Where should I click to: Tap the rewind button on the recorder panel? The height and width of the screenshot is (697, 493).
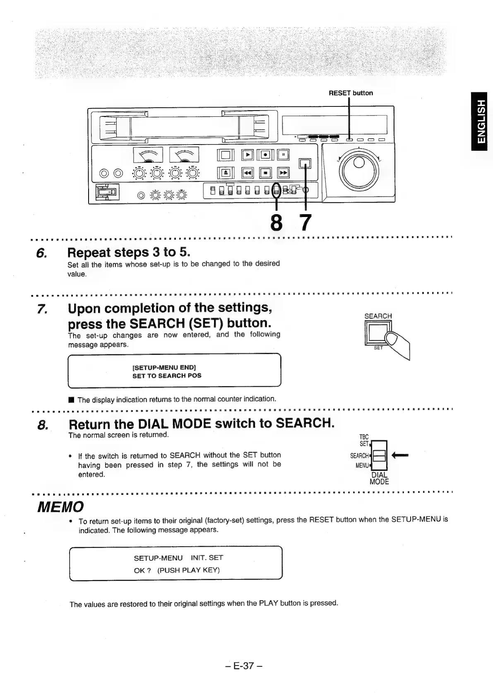click(x=248, y=172)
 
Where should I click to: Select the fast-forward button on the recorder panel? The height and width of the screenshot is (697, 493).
click(x=284, y=172)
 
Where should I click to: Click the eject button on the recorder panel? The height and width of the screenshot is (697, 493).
click(x=228, y=172)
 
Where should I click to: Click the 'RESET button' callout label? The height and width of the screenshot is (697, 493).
click(x=351, y=93)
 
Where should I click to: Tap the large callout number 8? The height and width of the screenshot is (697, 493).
click(x=276, y=222)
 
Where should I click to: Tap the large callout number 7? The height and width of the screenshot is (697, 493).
click(x=305, y=222)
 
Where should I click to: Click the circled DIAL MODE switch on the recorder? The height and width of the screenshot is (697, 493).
click(x=276, y=190)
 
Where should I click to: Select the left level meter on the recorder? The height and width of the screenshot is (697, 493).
click(x=148, y=155)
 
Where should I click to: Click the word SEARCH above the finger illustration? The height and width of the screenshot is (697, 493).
click(x=378, y=316)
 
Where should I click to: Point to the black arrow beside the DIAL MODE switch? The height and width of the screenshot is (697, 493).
click(x=400, y=455)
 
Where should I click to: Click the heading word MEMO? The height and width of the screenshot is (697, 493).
click(x=61, y=506)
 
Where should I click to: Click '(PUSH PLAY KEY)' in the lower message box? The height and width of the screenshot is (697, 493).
click(x=188, y=570)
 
